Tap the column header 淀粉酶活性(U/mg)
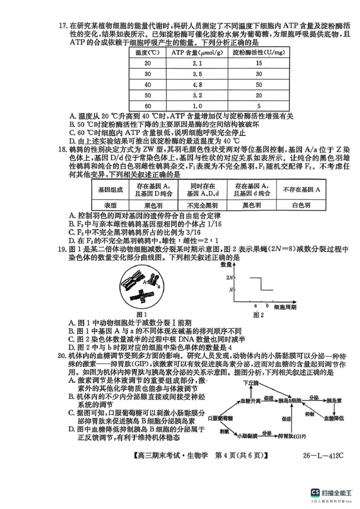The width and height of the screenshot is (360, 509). tap(258, 52)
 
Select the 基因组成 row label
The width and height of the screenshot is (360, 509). tap(110, 189)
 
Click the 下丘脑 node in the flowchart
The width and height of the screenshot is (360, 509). tap(251, 383)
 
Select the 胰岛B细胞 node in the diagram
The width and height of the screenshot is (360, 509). tap(290, 400)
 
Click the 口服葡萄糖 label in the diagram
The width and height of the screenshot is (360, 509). tap(221, 418)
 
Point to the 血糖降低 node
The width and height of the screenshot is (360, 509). tap(334, 418)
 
